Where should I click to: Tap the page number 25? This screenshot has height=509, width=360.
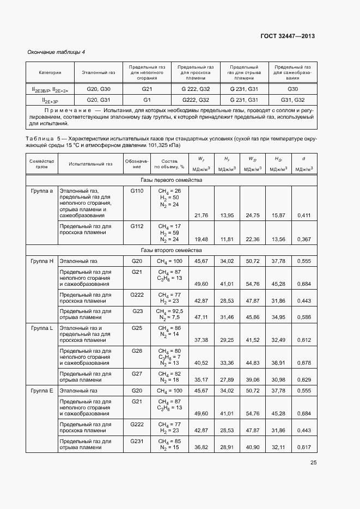click(x=313, y=463)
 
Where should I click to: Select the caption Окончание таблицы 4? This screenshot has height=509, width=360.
click(x=56, y=52)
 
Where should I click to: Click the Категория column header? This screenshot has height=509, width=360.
click(x=50, y=72)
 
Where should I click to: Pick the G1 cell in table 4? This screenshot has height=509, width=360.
click(x=147, y=100)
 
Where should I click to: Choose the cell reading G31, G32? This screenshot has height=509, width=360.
click(x=292, y=100)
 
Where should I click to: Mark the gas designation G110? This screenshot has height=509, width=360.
click(x=137, y=191)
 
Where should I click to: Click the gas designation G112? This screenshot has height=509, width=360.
click(x=137, y=225)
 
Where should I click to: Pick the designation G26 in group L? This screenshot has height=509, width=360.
click(x=137, y=351)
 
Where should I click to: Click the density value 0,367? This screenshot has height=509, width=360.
click(x=304, y=239)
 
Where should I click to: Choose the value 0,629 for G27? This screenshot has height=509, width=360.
click(x=304, y=379)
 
